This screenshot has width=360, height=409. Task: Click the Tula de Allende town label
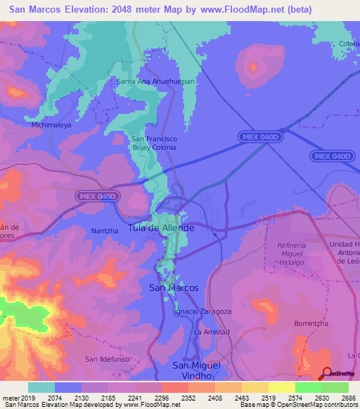(x=161, y=228)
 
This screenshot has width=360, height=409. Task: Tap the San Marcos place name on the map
(x=174, y=288)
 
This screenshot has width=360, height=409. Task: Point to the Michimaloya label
(x=51, y=125)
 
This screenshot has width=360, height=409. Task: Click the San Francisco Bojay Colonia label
(x=155, y=143)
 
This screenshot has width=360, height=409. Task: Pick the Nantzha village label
(x=105, y=231)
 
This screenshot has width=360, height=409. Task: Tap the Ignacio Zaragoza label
(x=202, y=311)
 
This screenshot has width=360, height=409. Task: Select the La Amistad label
(x=212, y=331)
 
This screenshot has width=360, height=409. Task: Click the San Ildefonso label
(x=107, y=359)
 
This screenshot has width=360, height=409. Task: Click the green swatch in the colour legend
(x=308, y=387)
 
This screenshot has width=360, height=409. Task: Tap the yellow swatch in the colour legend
(x=281, y=387)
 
